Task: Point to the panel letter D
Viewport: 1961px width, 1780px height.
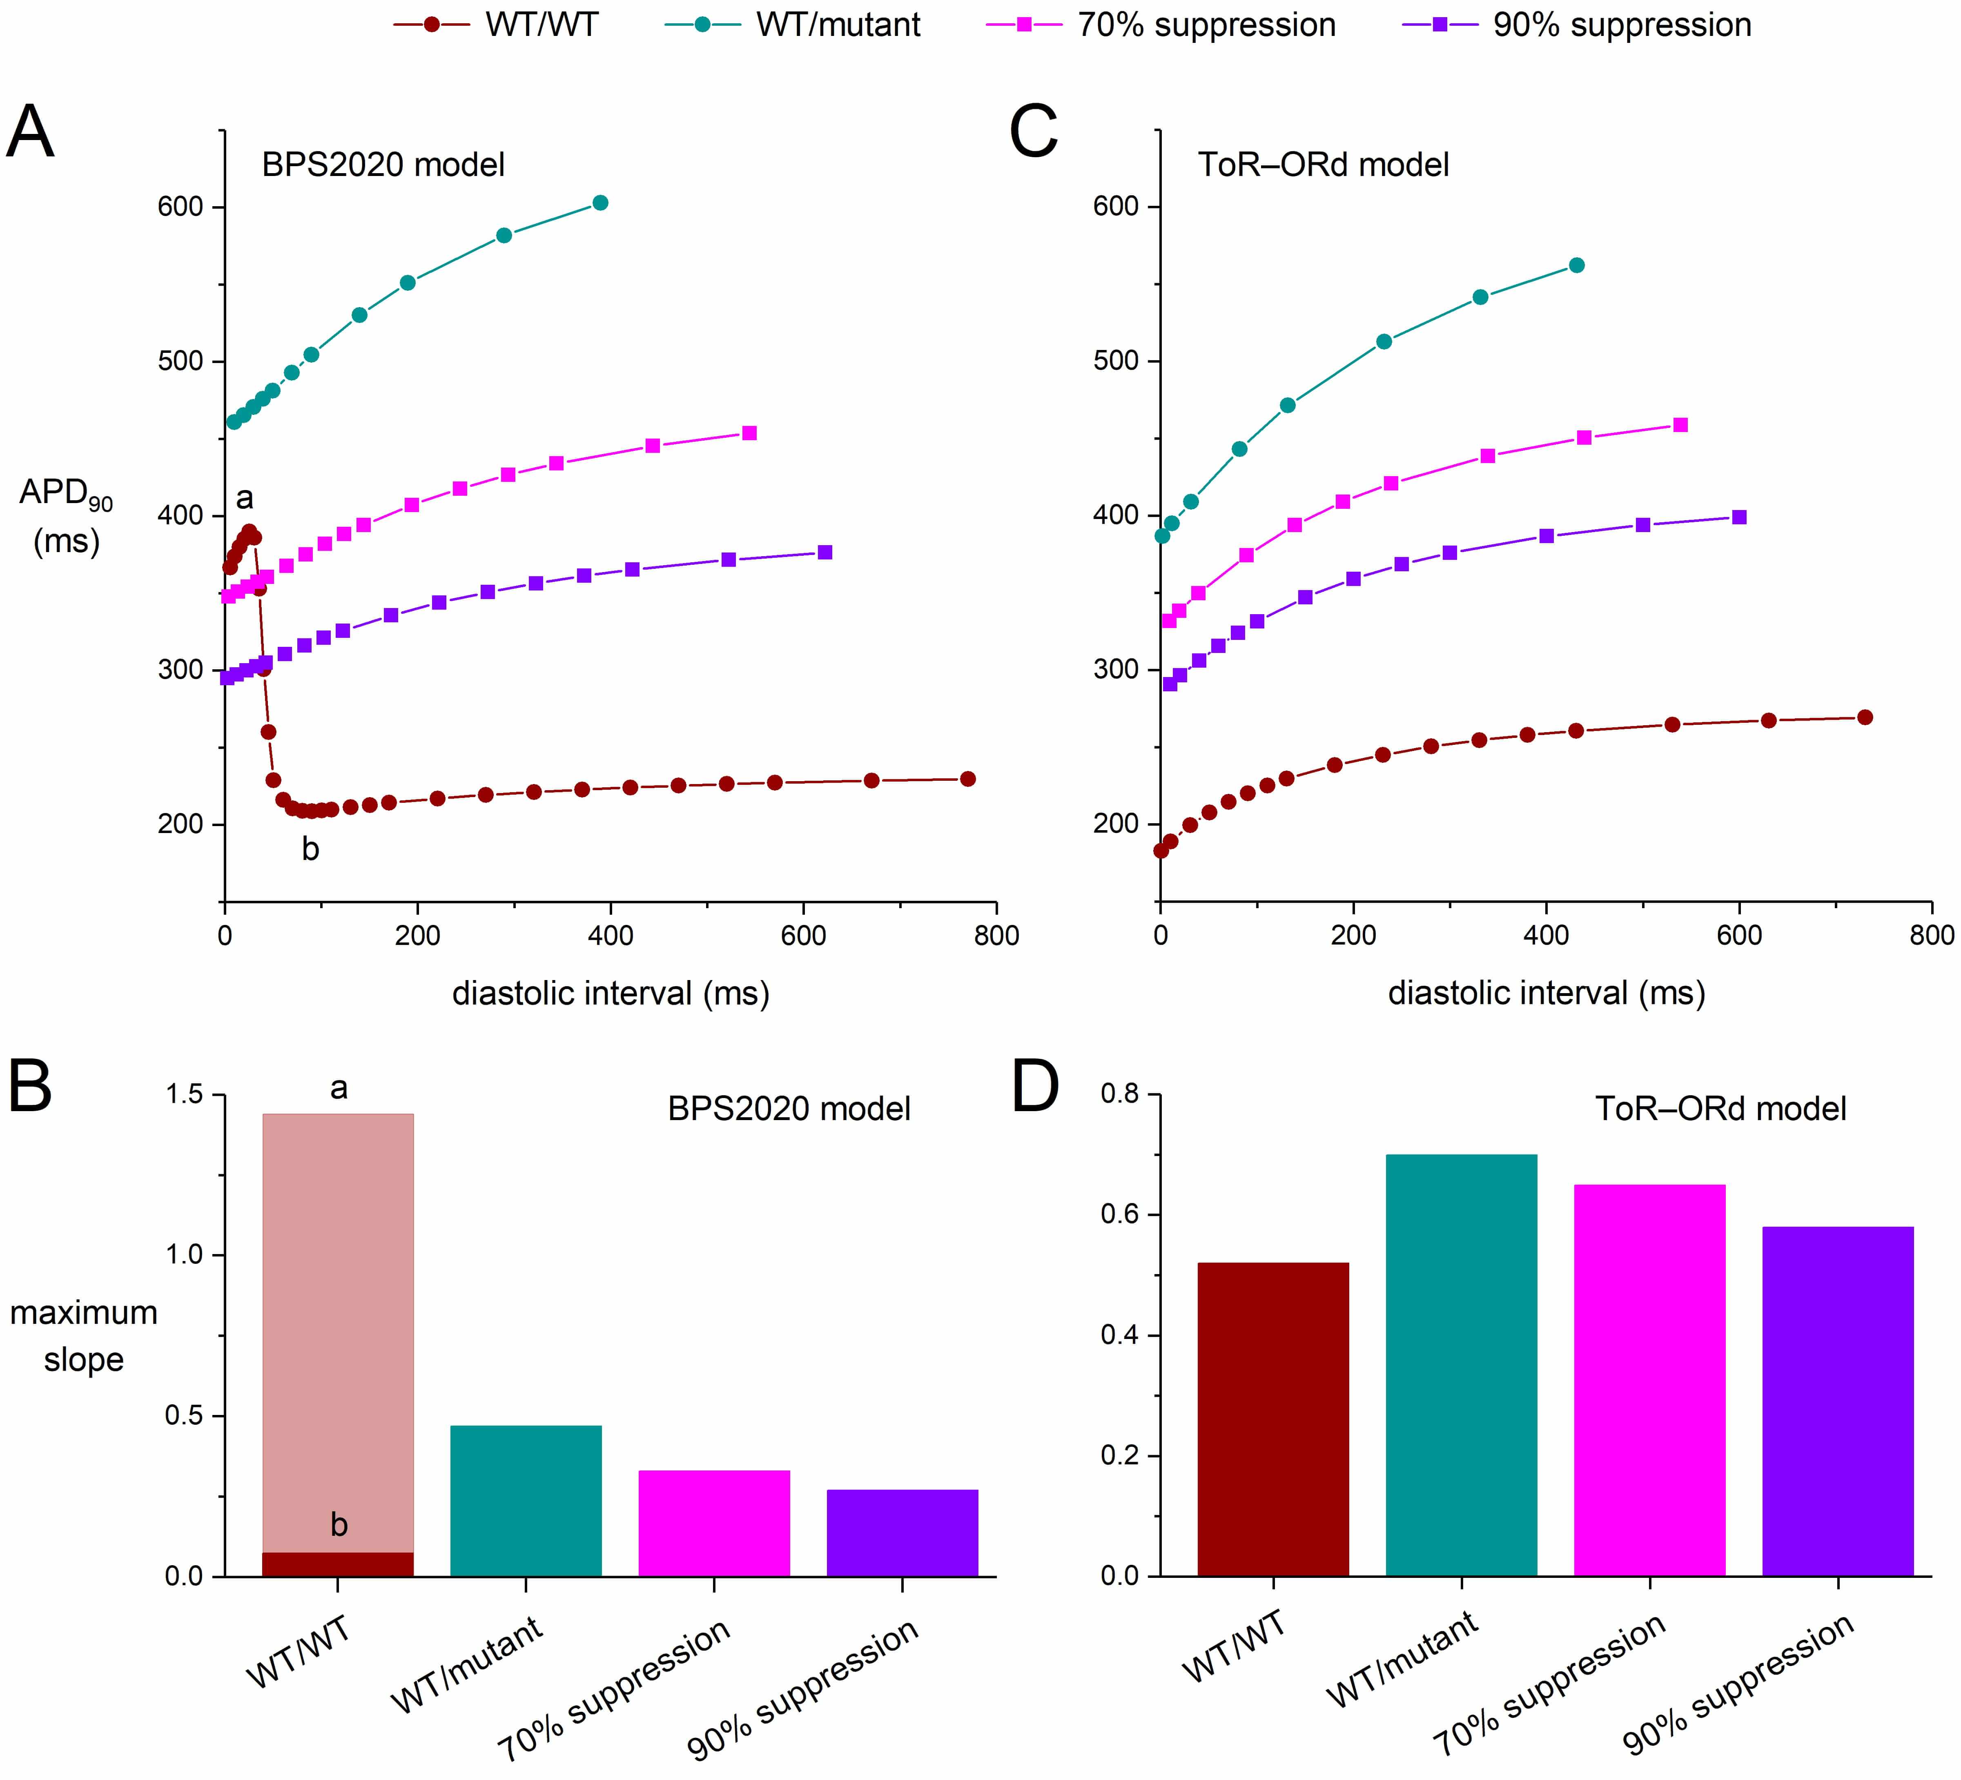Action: point(1035,1087)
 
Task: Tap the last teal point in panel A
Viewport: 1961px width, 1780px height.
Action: point(600,202)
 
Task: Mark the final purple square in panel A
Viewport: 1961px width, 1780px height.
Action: point(825,552)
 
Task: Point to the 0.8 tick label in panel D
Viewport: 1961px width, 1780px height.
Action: point(1119,1094)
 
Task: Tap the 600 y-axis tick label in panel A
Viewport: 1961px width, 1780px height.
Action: point(180,207)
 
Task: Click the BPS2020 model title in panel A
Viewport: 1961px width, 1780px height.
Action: point(383,165)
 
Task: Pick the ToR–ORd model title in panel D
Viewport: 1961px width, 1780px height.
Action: point(1720,1109)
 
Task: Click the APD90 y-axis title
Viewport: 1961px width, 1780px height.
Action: point(65,515)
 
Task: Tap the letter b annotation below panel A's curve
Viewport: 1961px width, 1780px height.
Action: point(310,849)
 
